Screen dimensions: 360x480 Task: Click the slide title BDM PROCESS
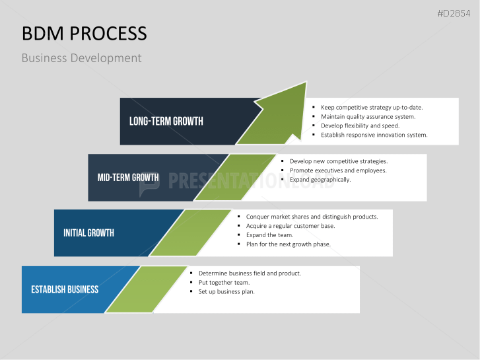click(x=85, y=34)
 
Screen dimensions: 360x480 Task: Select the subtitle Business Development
click(x=81, y=58)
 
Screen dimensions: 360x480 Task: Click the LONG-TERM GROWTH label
click(x=166, y=121)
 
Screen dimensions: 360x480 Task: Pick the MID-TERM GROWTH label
click(x=127, y=177)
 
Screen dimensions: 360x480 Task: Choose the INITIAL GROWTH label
click(x=88, y=233)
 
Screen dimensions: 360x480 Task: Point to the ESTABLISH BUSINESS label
click(x=65, y=289)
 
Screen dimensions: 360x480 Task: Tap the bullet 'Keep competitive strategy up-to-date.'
click(x=371, y=107)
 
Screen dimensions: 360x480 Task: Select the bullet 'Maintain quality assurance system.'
click(x=368, y=116)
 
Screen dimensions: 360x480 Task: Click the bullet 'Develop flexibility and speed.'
click(x=360, y=126)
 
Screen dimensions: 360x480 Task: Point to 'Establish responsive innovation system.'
click(x=374, y=135)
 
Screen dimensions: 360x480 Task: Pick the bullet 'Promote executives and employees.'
click(x=338, y=170)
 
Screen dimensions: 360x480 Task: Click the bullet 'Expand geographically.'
click(x=320, y=180)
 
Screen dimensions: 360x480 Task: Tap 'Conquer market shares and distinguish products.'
click(x=312, y=217)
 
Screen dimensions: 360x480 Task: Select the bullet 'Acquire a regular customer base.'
click(x=291, y=226)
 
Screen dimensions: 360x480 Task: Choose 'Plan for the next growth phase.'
click(x=288, y=244)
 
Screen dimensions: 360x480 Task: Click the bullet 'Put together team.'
click(x=224, y=282)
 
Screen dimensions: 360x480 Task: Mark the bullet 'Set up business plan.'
click(x=226, y=291)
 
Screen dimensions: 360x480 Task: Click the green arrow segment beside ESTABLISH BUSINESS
click(x=147, y=289)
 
